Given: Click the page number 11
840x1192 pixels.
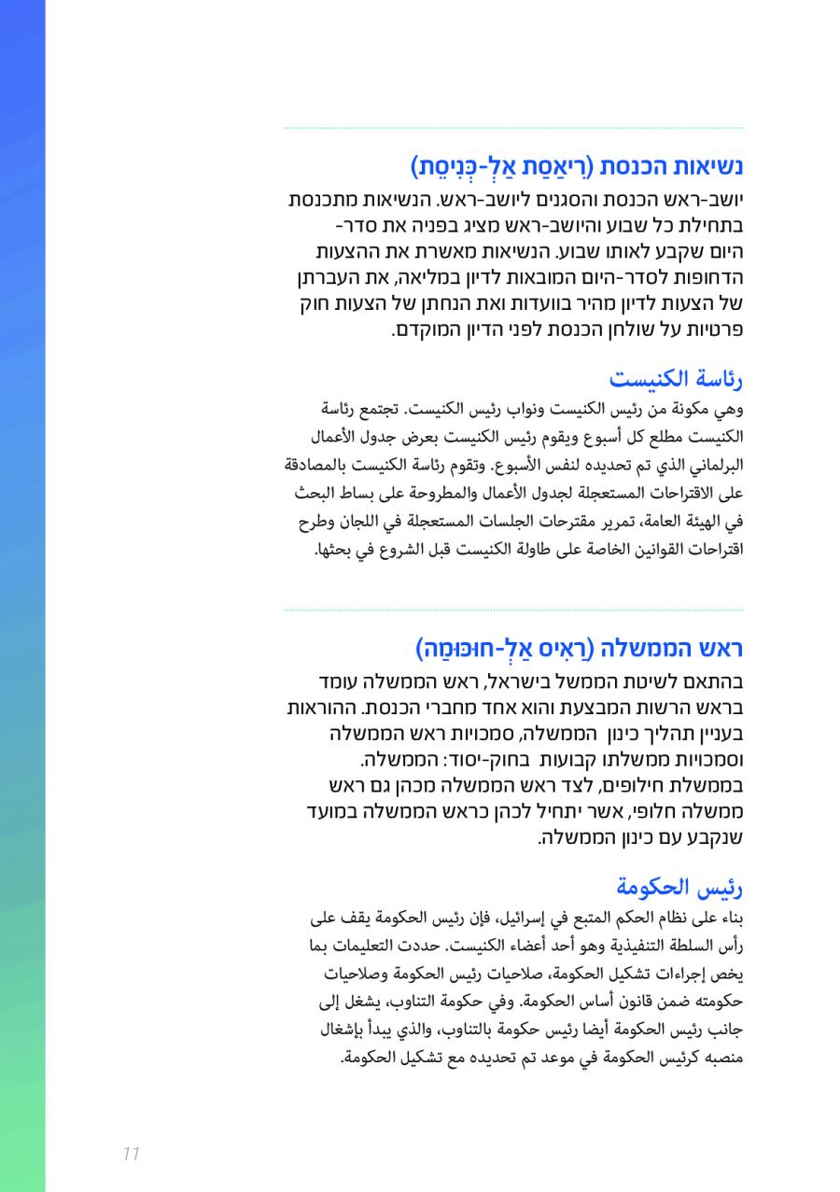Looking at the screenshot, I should [x=131, y=1154].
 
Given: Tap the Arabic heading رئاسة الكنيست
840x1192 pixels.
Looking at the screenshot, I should [x=676, y=379].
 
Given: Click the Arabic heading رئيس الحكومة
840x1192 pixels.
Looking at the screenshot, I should [x=679, y=886].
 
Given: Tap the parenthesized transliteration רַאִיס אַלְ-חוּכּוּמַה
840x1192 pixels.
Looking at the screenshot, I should [x=500, y=647].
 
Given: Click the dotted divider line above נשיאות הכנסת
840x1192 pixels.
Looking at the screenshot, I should [x=513, y=128].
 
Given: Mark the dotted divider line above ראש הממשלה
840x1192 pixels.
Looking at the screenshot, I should [x=513, y=610].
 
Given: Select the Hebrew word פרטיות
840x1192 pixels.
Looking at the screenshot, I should [x=712, y=330].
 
